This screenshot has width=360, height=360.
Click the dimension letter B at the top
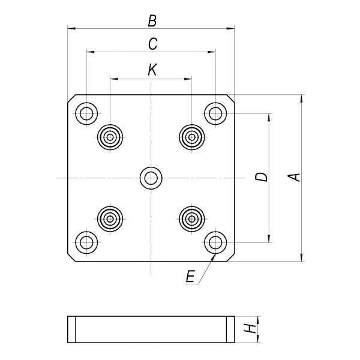click(152, 21)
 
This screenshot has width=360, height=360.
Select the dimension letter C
click(152, 44)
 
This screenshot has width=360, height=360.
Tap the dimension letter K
click(152, 70)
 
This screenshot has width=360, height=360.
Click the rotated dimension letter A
click(294, 177)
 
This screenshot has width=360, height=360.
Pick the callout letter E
click(190, 276)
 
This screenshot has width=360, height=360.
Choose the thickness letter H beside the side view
click(250, 329)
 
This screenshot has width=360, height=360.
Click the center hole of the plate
click(151, 178)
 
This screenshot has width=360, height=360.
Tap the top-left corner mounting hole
click(86, 113)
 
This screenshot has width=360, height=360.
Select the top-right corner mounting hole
click(215, 113)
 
